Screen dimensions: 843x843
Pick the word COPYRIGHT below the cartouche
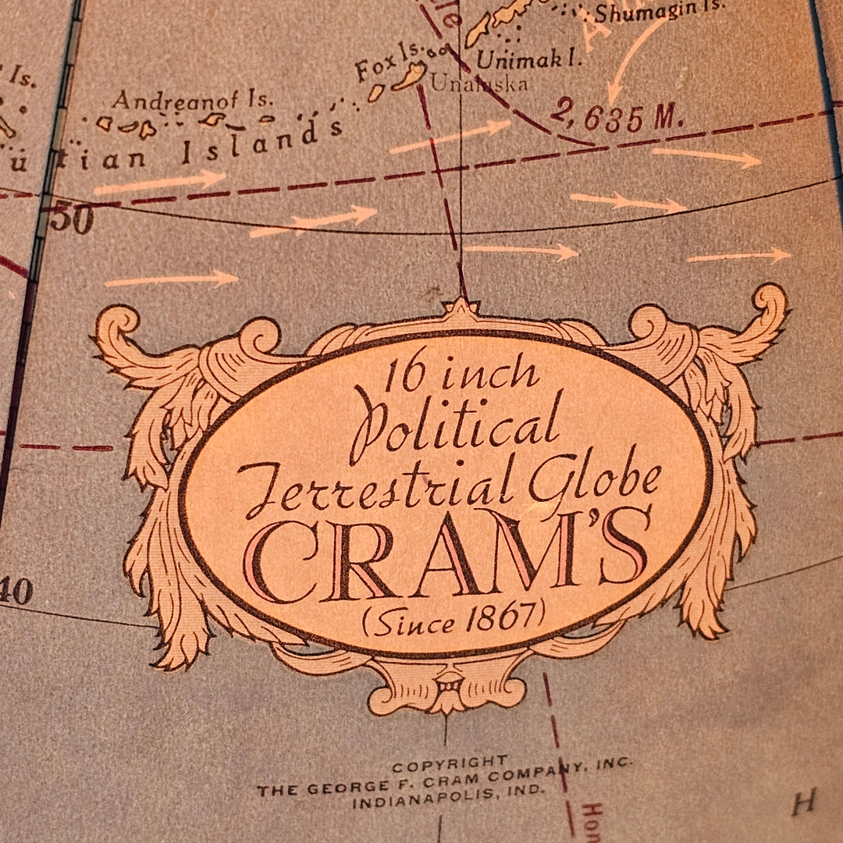click(449, 763)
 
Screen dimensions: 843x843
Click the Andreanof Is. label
click(192, 99)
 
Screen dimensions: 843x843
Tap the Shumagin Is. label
click(659, 12)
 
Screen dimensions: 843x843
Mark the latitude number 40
click(16, 592)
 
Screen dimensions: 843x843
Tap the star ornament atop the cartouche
click(461, 306)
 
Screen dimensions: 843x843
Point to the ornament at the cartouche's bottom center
click(448, 685)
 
